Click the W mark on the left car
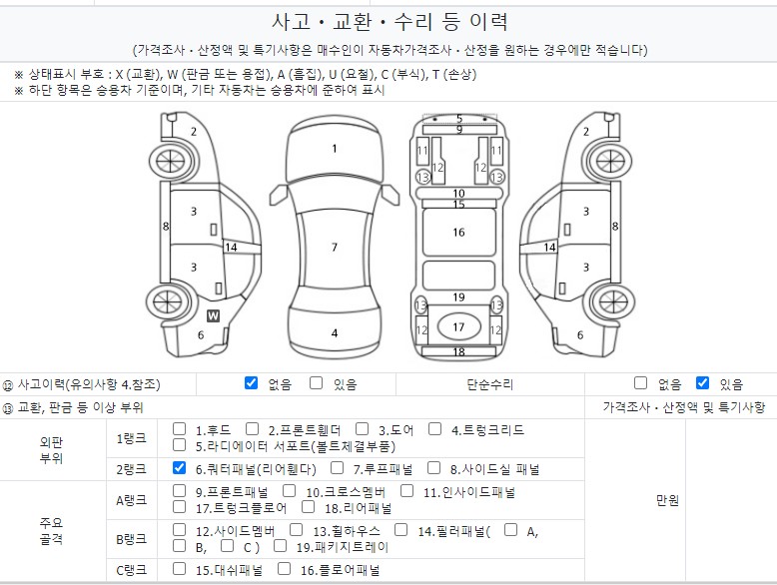click(x=213, y=315)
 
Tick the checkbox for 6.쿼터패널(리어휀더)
click(x=180, y=467)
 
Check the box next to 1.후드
click(x=180, y=429)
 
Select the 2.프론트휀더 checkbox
click(x=253, y=429)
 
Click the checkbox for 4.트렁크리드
click(x=435, y=429)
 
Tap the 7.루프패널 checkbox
click(x=336, y=467)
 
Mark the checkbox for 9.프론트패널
click(x=180, y=490)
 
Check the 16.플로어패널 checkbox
click(x=282, y=570)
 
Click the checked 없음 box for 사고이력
click(x=251, y=382)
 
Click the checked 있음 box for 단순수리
click(x=702, y=382)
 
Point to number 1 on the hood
click(x=335, y=149)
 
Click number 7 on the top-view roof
click(x=335, y=247)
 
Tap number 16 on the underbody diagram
click(x=458, y=233)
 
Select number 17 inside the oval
click(x=458, y=326)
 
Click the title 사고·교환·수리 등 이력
click(x=389, y=22)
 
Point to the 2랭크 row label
click(x=131, y=468)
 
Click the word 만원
click(x=667, y=501)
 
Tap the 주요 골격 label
click(x=52, y=530)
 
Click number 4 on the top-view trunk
click(x=335, y=333)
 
